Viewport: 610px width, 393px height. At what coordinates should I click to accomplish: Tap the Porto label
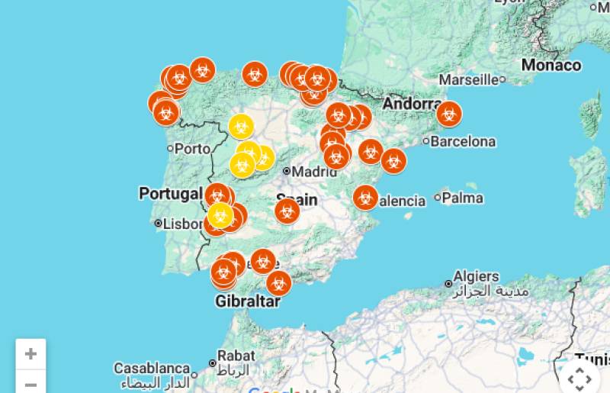pos(191,149)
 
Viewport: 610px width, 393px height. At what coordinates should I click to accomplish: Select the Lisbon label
pos(180,224)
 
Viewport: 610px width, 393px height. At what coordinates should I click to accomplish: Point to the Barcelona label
pos(462,142)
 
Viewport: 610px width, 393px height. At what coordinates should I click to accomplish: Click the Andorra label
pos(412,104)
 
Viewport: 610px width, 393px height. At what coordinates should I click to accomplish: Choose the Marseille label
pos(468,79)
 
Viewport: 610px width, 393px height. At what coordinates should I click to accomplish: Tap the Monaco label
pos(551,66)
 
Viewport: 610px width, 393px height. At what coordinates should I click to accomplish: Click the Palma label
pos(462,198)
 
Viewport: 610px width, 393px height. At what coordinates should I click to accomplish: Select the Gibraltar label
pos(247,301)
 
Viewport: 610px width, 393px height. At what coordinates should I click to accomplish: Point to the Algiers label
pos(476,276)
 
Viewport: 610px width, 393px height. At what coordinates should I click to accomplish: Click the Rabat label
pos(236,355)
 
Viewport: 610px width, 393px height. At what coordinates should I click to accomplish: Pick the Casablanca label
pos(152,369)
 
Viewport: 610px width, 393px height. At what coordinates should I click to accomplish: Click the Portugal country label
pos(170,194)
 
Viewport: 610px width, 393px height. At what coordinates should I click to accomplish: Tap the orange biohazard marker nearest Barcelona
pos(449,114)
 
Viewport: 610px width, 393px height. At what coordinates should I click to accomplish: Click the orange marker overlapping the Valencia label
pos(365,198)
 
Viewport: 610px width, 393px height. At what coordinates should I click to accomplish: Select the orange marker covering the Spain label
pos(287,211)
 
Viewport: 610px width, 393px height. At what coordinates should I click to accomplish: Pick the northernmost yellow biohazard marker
pos(241,126)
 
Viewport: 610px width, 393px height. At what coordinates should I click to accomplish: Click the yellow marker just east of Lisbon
pos(220,215)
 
